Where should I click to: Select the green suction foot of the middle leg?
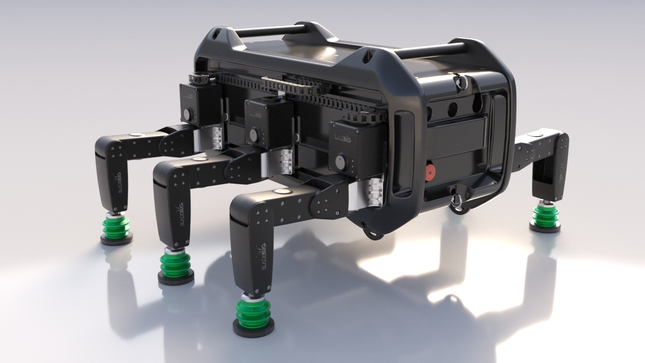(175, 264)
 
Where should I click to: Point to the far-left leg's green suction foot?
(117, 227)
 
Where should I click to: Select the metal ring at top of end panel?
(460, 81)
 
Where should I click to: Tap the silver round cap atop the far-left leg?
(136, 135)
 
